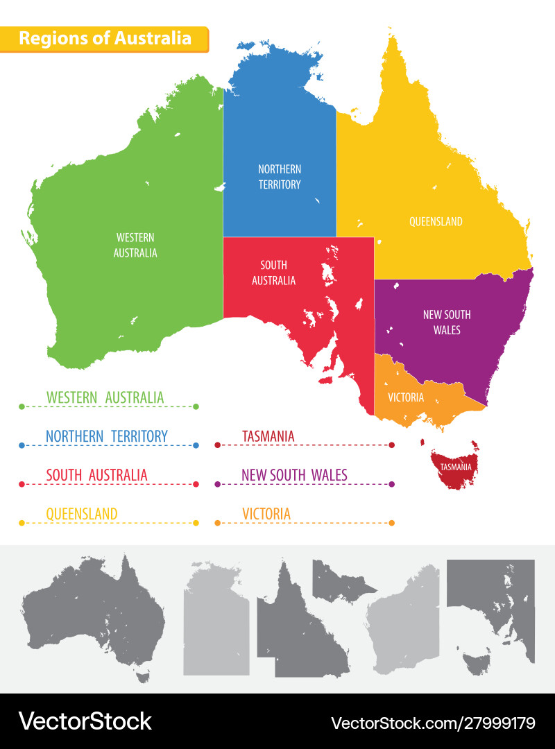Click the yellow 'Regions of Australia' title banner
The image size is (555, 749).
(x=104, y=38)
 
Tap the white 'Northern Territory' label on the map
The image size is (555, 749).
(x=280, y=177)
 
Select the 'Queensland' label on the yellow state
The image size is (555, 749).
(x=436, y=222)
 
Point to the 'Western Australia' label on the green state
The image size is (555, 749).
(x=135, y=246)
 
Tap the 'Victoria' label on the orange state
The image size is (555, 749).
(x=406, y=397)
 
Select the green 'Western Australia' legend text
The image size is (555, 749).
(x=105, y=397)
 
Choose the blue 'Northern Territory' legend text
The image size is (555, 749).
(x=107, y=436)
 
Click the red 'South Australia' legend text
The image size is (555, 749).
(x=96, y=475)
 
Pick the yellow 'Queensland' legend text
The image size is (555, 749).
(x=82, y=514)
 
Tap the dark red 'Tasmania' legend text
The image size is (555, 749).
(x=268, y=436)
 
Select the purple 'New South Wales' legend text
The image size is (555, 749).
(x=294, y=475)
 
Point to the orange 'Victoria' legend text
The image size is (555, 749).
(x=266, y=514)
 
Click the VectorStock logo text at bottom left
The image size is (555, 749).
(x=85, y=721)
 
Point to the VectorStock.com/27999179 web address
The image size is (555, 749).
(x=433, y=723)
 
